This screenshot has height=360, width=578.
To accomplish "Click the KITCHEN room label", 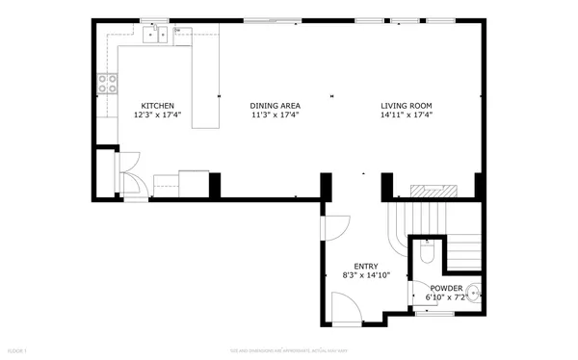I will [158, 106].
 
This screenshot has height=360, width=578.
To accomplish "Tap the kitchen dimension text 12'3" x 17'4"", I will [158, 116].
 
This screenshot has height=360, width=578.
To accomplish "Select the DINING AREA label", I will [275, 106].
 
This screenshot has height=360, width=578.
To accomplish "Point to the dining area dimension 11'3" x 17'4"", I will [275, 116].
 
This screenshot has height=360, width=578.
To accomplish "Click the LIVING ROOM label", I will [405, 106].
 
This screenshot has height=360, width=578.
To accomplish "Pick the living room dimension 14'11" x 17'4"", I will [405, 116].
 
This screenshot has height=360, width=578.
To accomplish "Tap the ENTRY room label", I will [366, 267].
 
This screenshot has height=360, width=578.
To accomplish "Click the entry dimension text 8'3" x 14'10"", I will [366, 276].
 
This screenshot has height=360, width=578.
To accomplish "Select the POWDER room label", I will [446, 288].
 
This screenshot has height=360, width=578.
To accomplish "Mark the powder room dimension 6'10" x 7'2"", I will [446, 297].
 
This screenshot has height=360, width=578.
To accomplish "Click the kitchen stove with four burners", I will [107, 84].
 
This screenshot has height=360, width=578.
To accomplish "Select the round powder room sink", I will [475, 292].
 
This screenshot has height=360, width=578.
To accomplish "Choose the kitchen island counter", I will [203, 77].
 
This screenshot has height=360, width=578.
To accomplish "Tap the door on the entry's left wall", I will [334, 227].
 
